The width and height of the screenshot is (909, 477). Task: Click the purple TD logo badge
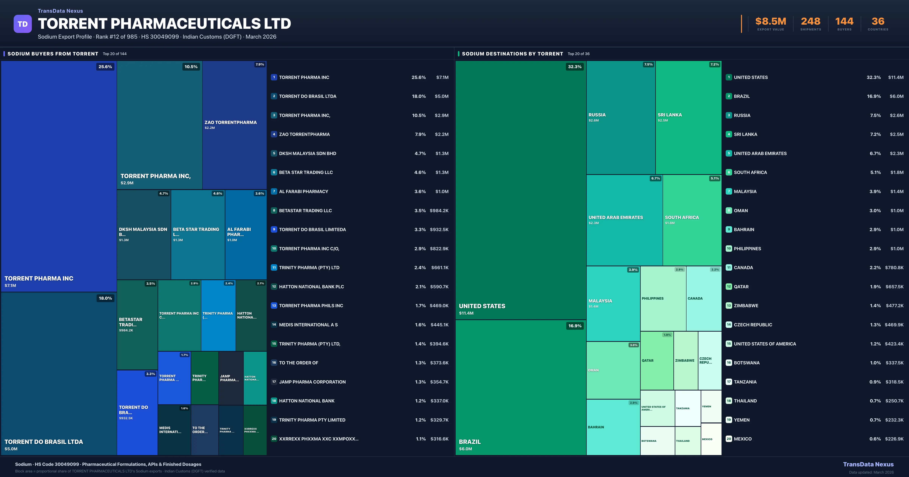pyautogui.click(x=23, y=24)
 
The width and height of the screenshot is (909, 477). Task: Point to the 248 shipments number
pyautogui.click(x=811, y=22)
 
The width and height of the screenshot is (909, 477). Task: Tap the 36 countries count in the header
pyautogui.click(x=878, y=22)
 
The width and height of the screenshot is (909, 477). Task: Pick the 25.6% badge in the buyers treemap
pyautogui.click(x=105, y=67)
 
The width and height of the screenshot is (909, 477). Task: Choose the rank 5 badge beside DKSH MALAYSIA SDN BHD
pyautogui.click(x=274, y=154)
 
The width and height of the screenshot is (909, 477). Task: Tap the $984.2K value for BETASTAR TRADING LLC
pyautogui.click(x=439, y=211)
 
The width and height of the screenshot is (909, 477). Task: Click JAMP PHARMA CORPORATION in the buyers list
pyautogui.click(x=312, y=382)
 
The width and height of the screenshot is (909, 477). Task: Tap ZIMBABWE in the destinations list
pyautogui.click(x=746, y=306)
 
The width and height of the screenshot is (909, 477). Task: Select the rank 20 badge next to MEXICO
pyautogui.click(x=729, y=439)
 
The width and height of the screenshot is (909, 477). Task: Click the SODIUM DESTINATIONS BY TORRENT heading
pyautogui.click(x=512, y=54)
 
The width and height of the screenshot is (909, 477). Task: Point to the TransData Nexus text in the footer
pyautogui.click(x=868, y=464)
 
